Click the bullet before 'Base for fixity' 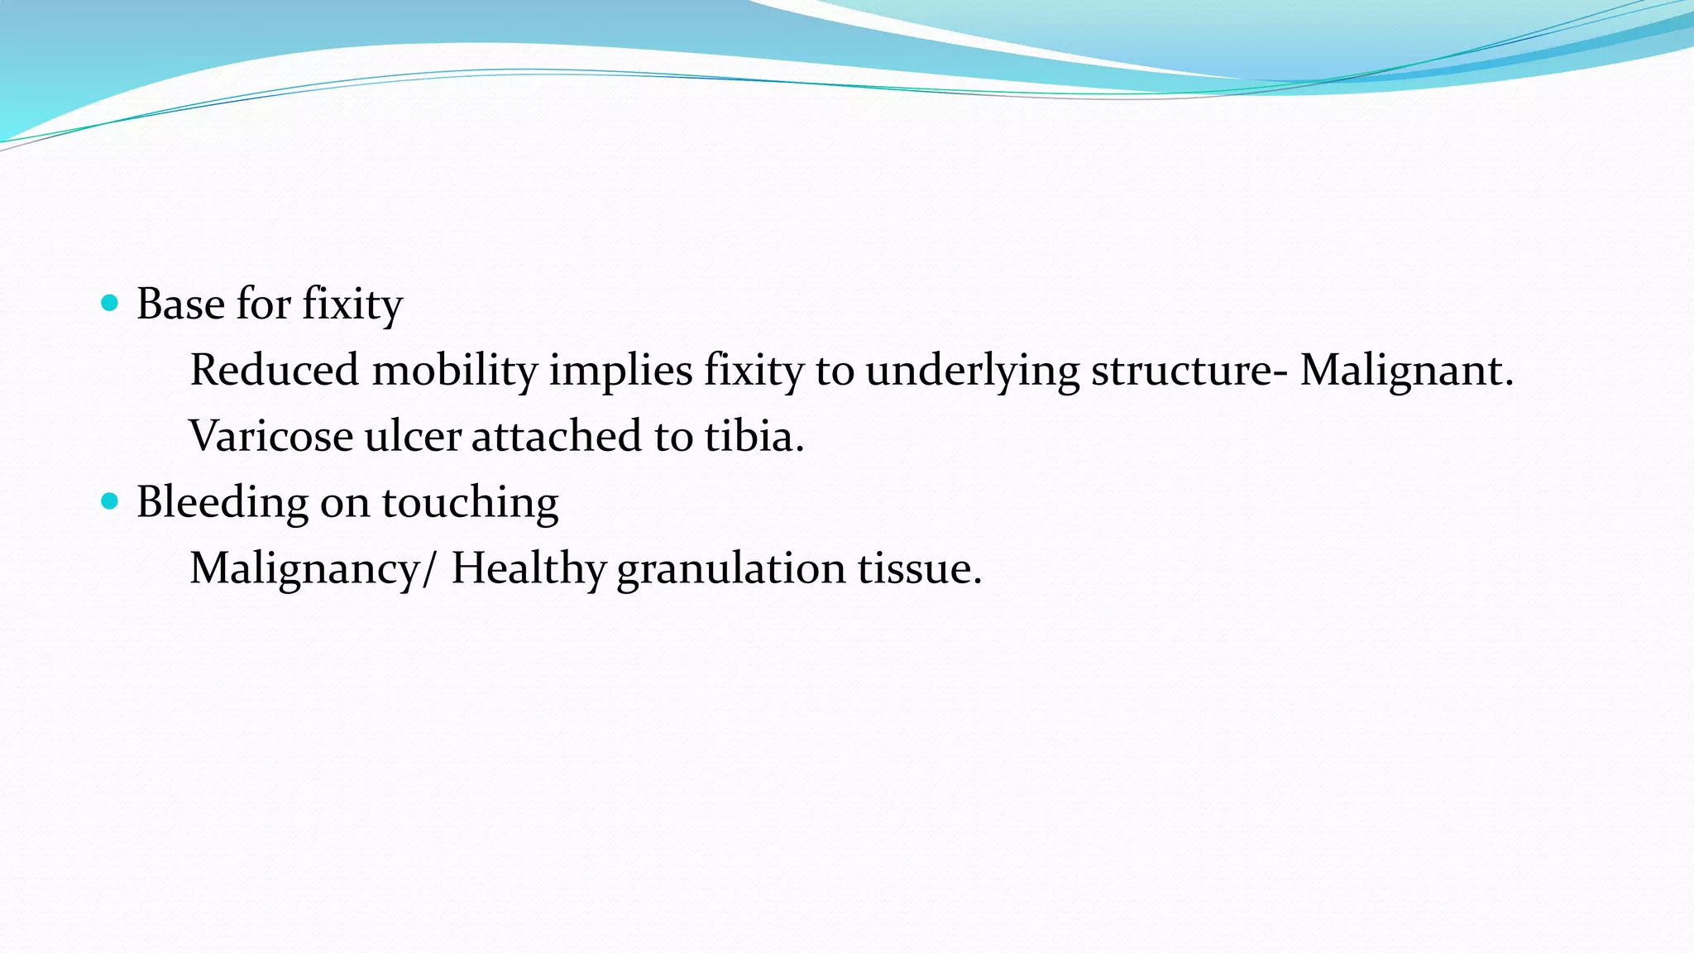(109, 303)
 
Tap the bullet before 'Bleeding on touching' (109, 501)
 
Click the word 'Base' (180, 304)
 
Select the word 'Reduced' (274, 370)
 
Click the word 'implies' (620, 370)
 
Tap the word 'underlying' (972, 370)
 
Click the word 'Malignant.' (1406, 370)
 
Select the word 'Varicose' (271, 436)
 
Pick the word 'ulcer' (412, 436)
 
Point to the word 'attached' (556, 436)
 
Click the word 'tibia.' (754, 436)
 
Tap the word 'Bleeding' (222, 502)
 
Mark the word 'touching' (469, 502)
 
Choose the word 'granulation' (730, 568)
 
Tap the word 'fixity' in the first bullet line (352, 304)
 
